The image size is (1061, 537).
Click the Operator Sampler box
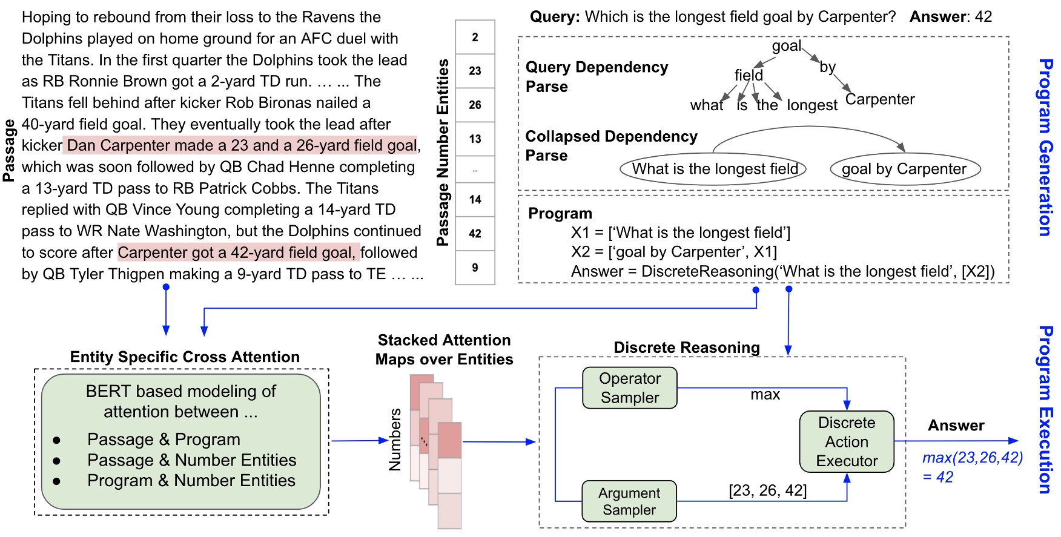point(629,388)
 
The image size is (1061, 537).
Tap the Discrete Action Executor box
point(846,442)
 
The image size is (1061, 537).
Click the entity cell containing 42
point(475,234)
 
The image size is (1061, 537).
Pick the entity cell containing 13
point(475,139)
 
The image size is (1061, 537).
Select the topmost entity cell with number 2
point(475,38)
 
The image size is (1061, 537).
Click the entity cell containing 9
point(475,268)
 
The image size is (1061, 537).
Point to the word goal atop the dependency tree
point(786,46)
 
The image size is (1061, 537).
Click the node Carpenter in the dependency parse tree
point(879,99)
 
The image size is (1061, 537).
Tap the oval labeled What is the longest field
point(713,169)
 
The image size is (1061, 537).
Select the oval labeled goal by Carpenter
point(905,169)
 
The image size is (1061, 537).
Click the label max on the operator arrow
point(765,395)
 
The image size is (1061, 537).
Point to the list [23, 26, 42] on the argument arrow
point(767,490)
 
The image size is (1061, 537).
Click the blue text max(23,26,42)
point(972,458)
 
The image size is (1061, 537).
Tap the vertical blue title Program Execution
point(1045,409)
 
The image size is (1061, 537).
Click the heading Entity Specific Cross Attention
point(185,357)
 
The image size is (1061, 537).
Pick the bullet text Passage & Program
point(164,440)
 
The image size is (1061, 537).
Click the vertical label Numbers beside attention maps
point(395,440)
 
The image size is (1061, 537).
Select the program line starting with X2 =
point(673,252)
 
